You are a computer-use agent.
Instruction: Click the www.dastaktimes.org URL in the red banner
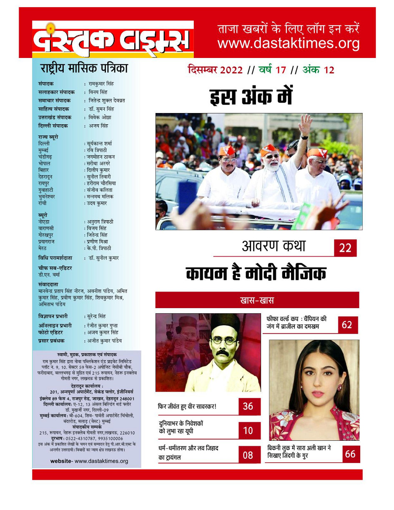click(x=288, y=43)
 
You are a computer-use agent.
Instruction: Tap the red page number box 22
click(x=345, y=248)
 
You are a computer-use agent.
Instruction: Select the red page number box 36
click(x=248, y=406)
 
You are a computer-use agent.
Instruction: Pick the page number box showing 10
click(x=248, y=431)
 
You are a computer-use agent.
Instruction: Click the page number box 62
click(x=347, y=324)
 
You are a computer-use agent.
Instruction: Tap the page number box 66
click(x=349, y=454)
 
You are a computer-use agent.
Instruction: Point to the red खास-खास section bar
click(x=257, y=300)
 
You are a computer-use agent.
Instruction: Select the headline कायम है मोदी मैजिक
click(x=256, y=274)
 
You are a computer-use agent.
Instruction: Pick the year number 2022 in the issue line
click(x=228, y=70)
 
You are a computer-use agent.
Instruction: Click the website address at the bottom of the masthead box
click(x=89, y=461)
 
